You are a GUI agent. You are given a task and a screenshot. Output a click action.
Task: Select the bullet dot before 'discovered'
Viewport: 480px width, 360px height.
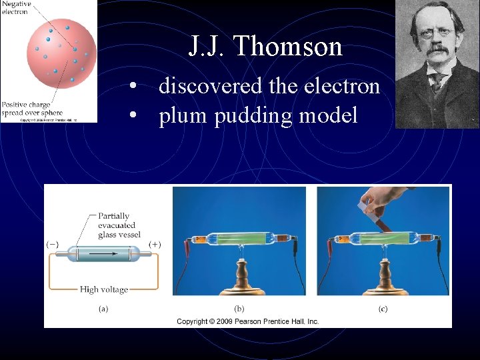[x=135, y=87]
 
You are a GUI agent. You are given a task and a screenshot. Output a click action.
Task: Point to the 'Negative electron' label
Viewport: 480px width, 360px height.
[x=15, y=8]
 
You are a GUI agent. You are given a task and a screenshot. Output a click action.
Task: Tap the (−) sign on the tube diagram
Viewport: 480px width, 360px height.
[x=51, y=244]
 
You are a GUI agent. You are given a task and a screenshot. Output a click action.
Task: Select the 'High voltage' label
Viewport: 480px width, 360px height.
[x=103, y=289]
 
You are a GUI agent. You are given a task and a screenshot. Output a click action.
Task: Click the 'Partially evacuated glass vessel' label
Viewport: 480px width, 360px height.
[x=117, y=225]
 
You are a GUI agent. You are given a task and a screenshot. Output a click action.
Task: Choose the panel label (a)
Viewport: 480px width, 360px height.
[x=103, y=309]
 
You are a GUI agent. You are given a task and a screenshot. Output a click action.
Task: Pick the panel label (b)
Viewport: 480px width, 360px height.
[x=239, y=309]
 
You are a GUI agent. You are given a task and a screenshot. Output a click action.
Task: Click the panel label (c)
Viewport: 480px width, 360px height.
[x=383, y=309]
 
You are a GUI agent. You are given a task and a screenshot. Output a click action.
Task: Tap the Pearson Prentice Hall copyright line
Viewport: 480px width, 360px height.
[x=247, y=321]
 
